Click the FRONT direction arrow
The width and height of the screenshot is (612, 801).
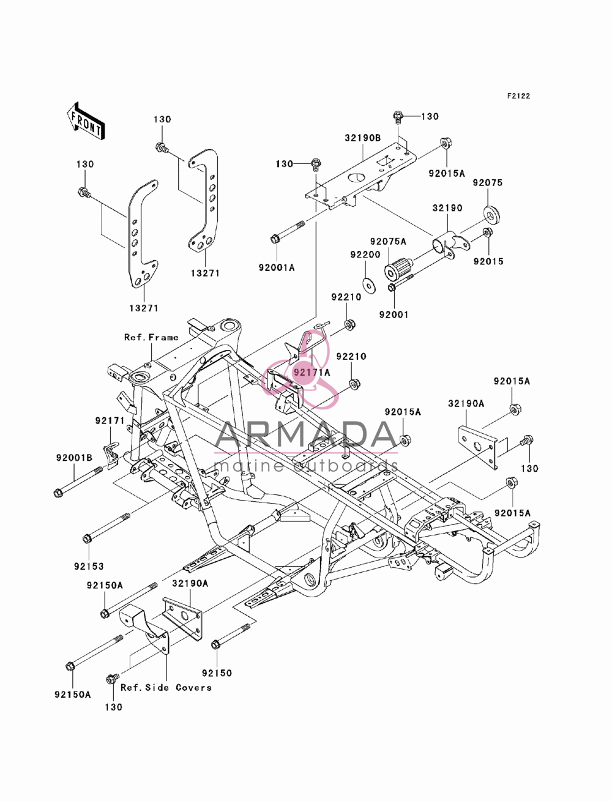click(x=86, y=122)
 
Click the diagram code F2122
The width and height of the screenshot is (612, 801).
click(x=518, y=96)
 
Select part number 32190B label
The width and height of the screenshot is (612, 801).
click(x=363, y=138)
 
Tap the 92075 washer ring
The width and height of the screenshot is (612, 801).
click(x=491, y=214)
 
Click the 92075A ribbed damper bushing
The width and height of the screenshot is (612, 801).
click(x=399, y=268)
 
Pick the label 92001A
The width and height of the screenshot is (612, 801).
click(x=277, y=267)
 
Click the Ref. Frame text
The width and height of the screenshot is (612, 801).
click(x=151, y=337)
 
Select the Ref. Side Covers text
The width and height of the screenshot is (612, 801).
click(x=166, y=688)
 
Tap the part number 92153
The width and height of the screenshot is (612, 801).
click(x=89, y=567)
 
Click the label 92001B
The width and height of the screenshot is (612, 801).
click(x=75, y=458)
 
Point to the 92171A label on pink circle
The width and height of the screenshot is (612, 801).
click(x=312, y=372)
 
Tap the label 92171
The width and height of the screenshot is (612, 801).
click(x=110, y=421)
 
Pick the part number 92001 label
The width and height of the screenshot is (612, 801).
click(x=394, y=315)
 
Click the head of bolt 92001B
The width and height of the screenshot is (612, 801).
click(x=58, y=493)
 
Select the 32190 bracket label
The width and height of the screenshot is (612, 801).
click(x=447, y=208)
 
